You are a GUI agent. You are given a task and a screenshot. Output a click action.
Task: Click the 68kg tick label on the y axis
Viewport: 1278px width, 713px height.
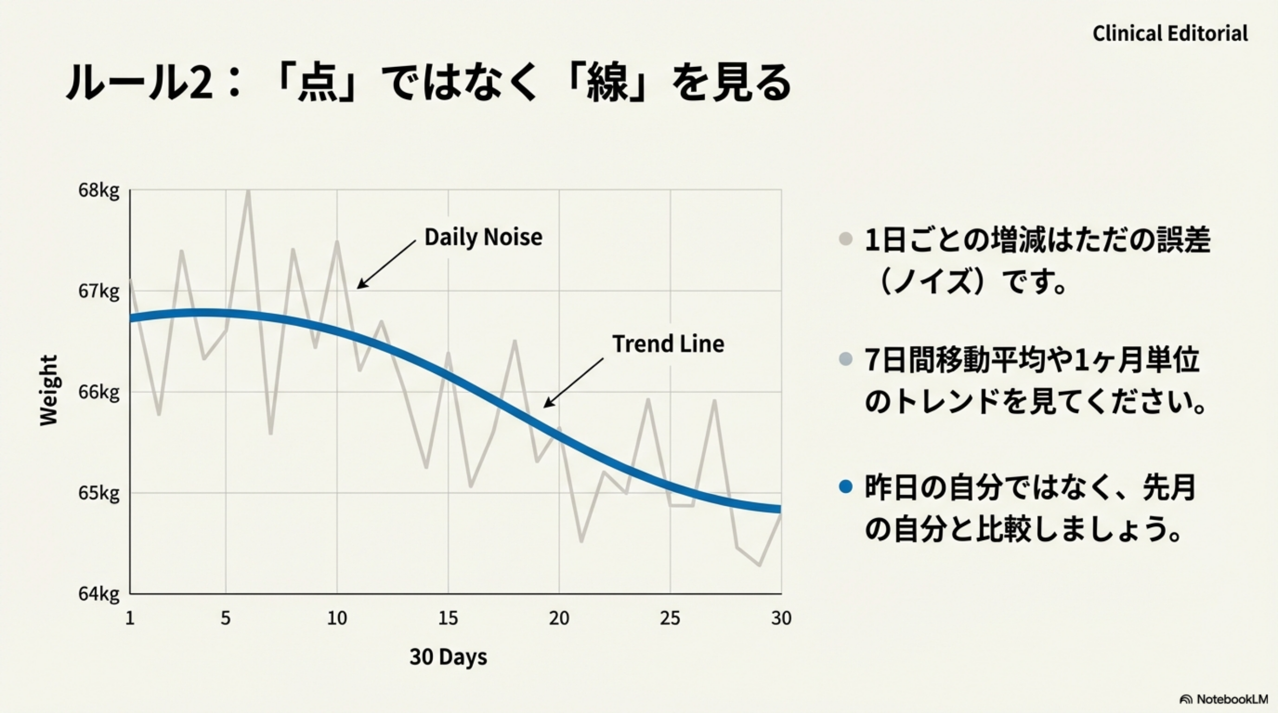[x=99, y=191]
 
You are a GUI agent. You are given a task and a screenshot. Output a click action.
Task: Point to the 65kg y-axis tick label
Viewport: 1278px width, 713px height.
[x=99, y=493]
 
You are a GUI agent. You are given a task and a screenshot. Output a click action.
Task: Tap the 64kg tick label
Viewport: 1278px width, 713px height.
[x=99, y=594]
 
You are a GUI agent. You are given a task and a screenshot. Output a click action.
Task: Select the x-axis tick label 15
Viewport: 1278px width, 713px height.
[x=448, y=619]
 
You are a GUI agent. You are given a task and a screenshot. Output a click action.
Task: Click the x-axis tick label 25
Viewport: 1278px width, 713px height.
[x=670, y=619]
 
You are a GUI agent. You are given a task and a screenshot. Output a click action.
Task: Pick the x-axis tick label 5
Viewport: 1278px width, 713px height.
[x=226, y=619]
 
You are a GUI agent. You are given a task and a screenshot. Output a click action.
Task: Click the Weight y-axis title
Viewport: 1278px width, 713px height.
[x=49, y=391]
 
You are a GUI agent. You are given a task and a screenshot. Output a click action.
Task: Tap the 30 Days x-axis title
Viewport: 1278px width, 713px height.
[x=448, y=657]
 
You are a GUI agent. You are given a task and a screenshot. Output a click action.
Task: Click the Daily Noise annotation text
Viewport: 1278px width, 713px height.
[x=483, y=237]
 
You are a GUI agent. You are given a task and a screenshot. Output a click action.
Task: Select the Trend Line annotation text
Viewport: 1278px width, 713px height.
[x=668, y=344]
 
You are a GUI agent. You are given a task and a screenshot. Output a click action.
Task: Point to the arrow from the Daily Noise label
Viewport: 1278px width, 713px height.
[x=386, y=264]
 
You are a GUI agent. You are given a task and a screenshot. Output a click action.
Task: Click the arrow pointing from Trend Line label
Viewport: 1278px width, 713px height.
[x=573, y=383]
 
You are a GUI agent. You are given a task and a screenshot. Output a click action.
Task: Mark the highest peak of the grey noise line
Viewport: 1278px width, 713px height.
[x=248, y=193]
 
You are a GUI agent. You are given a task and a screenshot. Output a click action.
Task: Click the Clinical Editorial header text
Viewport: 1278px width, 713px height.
[x=1170, y=34]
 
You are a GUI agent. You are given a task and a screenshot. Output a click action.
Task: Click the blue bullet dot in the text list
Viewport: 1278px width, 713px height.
[x=845, y=486]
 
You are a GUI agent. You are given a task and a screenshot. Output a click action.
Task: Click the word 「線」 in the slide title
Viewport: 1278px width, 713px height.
[x=607, y=83]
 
